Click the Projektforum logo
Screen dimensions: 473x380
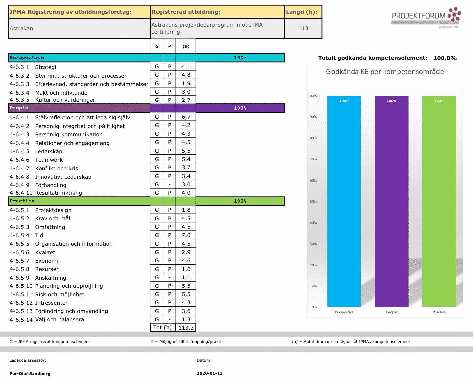(x=426, y=17)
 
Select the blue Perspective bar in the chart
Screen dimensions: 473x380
(x=344, y=201)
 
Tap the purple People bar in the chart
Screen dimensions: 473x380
(x=391, y=201)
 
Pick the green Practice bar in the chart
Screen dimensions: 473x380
(x=439, y=201)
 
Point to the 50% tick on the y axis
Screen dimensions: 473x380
(x=313, y=201)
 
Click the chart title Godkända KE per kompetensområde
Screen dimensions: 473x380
(x=385, y=72)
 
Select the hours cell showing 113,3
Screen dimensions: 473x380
(x=186, y=328)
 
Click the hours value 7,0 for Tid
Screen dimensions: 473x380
(x=186, y=235)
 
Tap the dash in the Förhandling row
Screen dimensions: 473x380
(x=169, y=185)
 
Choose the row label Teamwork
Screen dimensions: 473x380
(x=49, y=160)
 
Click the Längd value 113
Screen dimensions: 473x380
(x=303, y=28)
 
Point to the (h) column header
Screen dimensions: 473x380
(x=186, y=46)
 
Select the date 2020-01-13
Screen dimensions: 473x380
(x=210, y=373)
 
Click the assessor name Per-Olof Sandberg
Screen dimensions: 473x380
(x=30, y=373)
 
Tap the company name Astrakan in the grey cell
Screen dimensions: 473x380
(x=21, y=28)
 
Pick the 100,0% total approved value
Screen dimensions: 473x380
(x=445, y=58)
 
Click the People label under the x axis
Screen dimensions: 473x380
(x=391, y=312)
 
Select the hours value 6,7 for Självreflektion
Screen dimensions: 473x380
(x=186, y=117)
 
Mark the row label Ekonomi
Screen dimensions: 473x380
(x=46, y=261)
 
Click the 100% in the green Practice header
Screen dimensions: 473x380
(x=240, y=201)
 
